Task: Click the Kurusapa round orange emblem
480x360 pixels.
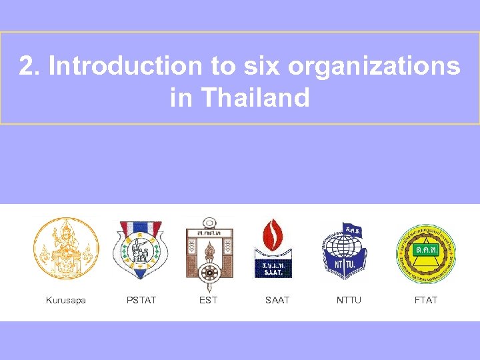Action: tap(66, 248)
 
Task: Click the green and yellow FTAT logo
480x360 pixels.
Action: tap(426, 253)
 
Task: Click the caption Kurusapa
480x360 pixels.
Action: tap(66, 300)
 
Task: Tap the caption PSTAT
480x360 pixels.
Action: tap(141, 300)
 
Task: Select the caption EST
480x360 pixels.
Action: tap(209, 300)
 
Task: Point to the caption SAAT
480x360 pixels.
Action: tap(277, 300)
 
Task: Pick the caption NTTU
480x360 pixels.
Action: tap(349, 300)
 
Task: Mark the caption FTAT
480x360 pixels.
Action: tap(426, 300)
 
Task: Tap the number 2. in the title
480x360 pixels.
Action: tap(30, 66)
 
